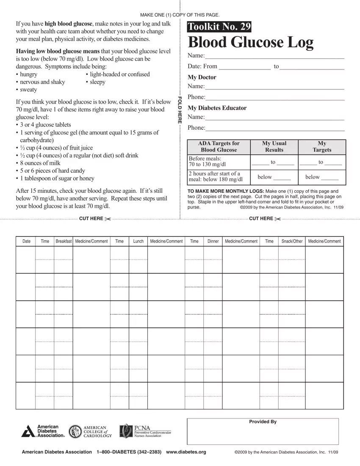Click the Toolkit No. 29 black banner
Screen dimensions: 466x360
[219, 27]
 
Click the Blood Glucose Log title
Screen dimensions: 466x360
[250, 42]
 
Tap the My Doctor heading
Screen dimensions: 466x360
[202, 77]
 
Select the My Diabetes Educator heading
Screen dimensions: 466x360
[217, 108]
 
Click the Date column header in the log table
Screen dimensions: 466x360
[26, 241]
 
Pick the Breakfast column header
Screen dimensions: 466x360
[64, 241]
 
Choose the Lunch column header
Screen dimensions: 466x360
[138, 241]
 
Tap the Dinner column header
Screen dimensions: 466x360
[213, 241]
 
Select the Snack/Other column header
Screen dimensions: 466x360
[292, 241]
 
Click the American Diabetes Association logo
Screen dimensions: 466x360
[43, 431]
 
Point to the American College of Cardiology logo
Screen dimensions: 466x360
[90, 431]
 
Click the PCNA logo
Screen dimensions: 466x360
[145, 431]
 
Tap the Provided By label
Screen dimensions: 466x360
[263, 422]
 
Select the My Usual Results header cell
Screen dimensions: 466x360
[274, 147]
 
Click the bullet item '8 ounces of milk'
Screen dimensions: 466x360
[40, 163]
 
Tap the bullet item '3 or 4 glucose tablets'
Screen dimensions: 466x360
[45, 125]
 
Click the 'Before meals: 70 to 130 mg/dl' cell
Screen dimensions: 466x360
[218, 162]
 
